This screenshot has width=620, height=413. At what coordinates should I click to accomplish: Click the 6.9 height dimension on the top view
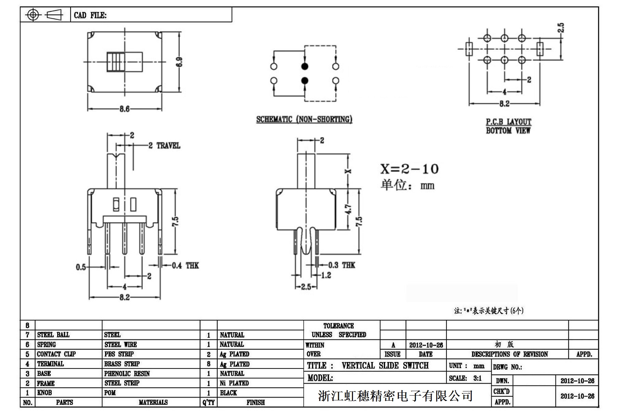coord(180,62)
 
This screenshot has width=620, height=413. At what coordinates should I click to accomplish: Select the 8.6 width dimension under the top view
coord(124,109)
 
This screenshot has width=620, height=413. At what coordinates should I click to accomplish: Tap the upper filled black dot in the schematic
coord(304,66)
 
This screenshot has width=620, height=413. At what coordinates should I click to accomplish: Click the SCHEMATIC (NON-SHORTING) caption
coord(304,119)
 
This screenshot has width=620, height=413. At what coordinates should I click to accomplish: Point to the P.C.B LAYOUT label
coord(508,122)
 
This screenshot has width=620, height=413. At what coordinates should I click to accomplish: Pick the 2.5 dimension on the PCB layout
coord(560,28)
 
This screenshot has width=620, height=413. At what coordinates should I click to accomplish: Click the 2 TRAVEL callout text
coord(164,146)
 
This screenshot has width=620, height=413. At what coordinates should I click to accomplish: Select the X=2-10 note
coord(409,169)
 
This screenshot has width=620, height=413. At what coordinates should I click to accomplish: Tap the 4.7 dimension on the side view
coord(348,209)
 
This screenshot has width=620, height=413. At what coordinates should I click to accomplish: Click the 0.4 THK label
coord(185,266)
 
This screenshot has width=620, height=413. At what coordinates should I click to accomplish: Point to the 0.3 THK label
coord(342,265)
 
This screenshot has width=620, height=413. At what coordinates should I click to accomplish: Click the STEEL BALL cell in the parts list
coord(53,335)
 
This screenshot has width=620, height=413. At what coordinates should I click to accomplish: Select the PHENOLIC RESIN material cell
coord(127,374)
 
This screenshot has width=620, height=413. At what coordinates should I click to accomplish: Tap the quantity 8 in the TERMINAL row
coord(208,364)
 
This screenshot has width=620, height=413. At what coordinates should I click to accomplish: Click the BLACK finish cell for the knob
coord(228,393)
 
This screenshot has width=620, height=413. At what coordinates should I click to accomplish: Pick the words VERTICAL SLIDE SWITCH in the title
coord(385,366)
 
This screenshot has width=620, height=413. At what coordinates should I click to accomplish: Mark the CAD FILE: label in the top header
coord(90,15)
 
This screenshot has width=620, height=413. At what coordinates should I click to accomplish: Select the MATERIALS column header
coord(153,402)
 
